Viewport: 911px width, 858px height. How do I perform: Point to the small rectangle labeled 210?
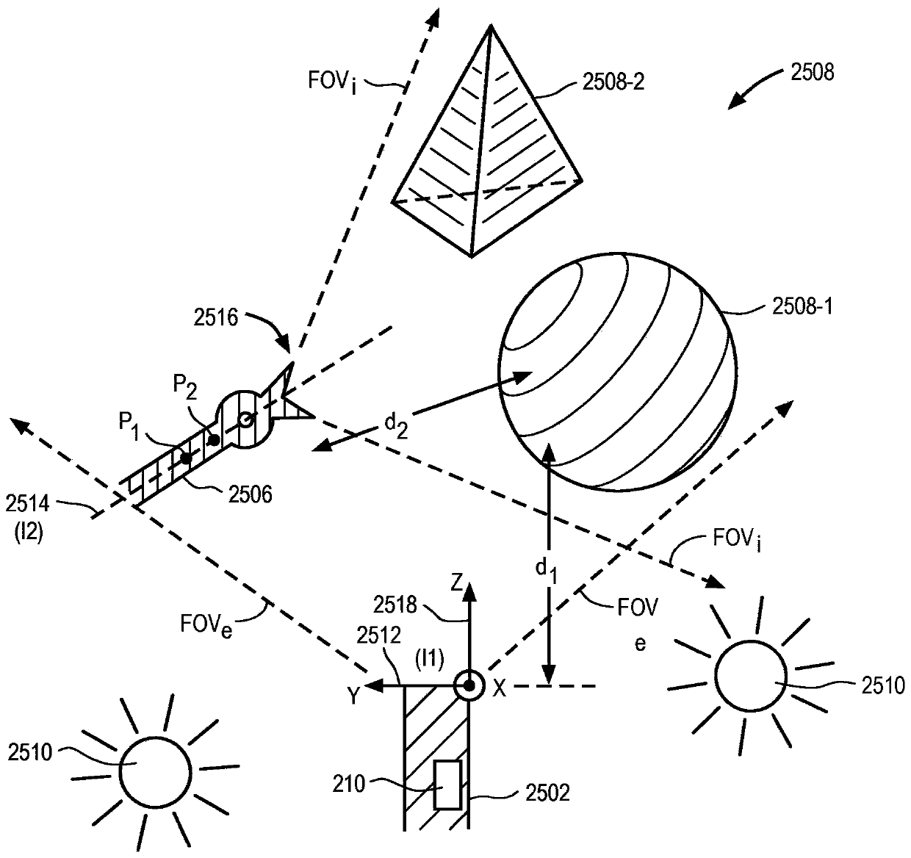click(x=447, y=785)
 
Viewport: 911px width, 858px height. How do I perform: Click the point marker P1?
click(x=187, y=458)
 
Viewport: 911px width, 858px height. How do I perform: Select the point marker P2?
click(x=213, y=441)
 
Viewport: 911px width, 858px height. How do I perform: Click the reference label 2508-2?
click(x=613, y=82)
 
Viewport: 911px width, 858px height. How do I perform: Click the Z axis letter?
click(x=457, y=585)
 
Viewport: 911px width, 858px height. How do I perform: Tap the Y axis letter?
click(x=353, y=696)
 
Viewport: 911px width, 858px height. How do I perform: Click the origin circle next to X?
click(x=468, y=686)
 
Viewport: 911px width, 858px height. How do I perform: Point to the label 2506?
click(x=251, y=494)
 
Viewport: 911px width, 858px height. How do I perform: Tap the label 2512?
click(x=378, y=636)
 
